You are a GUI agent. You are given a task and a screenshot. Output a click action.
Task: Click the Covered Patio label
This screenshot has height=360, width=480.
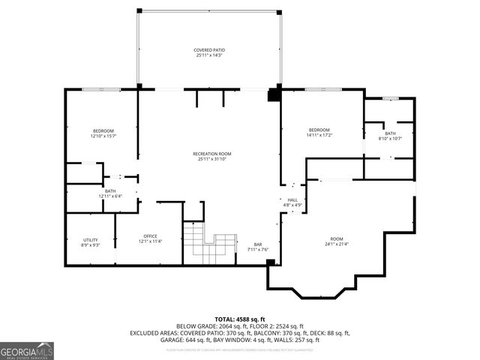tap(210, 50)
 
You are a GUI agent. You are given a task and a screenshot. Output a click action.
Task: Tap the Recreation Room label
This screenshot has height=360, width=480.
tap(210, 154)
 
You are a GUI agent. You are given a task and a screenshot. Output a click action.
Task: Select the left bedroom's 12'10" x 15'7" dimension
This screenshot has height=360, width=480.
tap(103, 136)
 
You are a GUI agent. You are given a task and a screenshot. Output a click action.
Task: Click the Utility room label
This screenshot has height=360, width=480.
tap(89, 240)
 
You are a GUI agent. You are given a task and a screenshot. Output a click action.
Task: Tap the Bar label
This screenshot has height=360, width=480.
tap(258, 244)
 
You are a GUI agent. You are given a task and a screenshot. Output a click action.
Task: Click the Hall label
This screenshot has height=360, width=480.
tap(292, 199)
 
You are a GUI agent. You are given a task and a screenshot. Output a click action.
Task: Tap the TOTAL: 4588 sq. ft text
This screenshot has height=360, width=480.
tap(240, 318)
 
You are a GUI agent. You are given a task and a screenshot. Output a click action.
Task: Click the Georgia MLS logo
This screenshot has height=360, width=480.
tap(27, 350)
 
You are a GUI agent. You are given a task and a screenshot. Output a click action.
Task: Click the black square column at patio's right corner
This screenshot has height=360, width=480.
tap(274, 94)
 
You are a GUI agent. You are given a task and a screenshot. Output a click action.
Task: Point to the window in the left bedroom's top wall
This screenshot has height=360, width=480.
tap(101, 89)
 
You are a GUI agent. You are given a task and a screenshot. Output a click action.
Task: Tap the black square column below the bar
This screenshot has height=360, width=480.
tap(271, 262)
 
